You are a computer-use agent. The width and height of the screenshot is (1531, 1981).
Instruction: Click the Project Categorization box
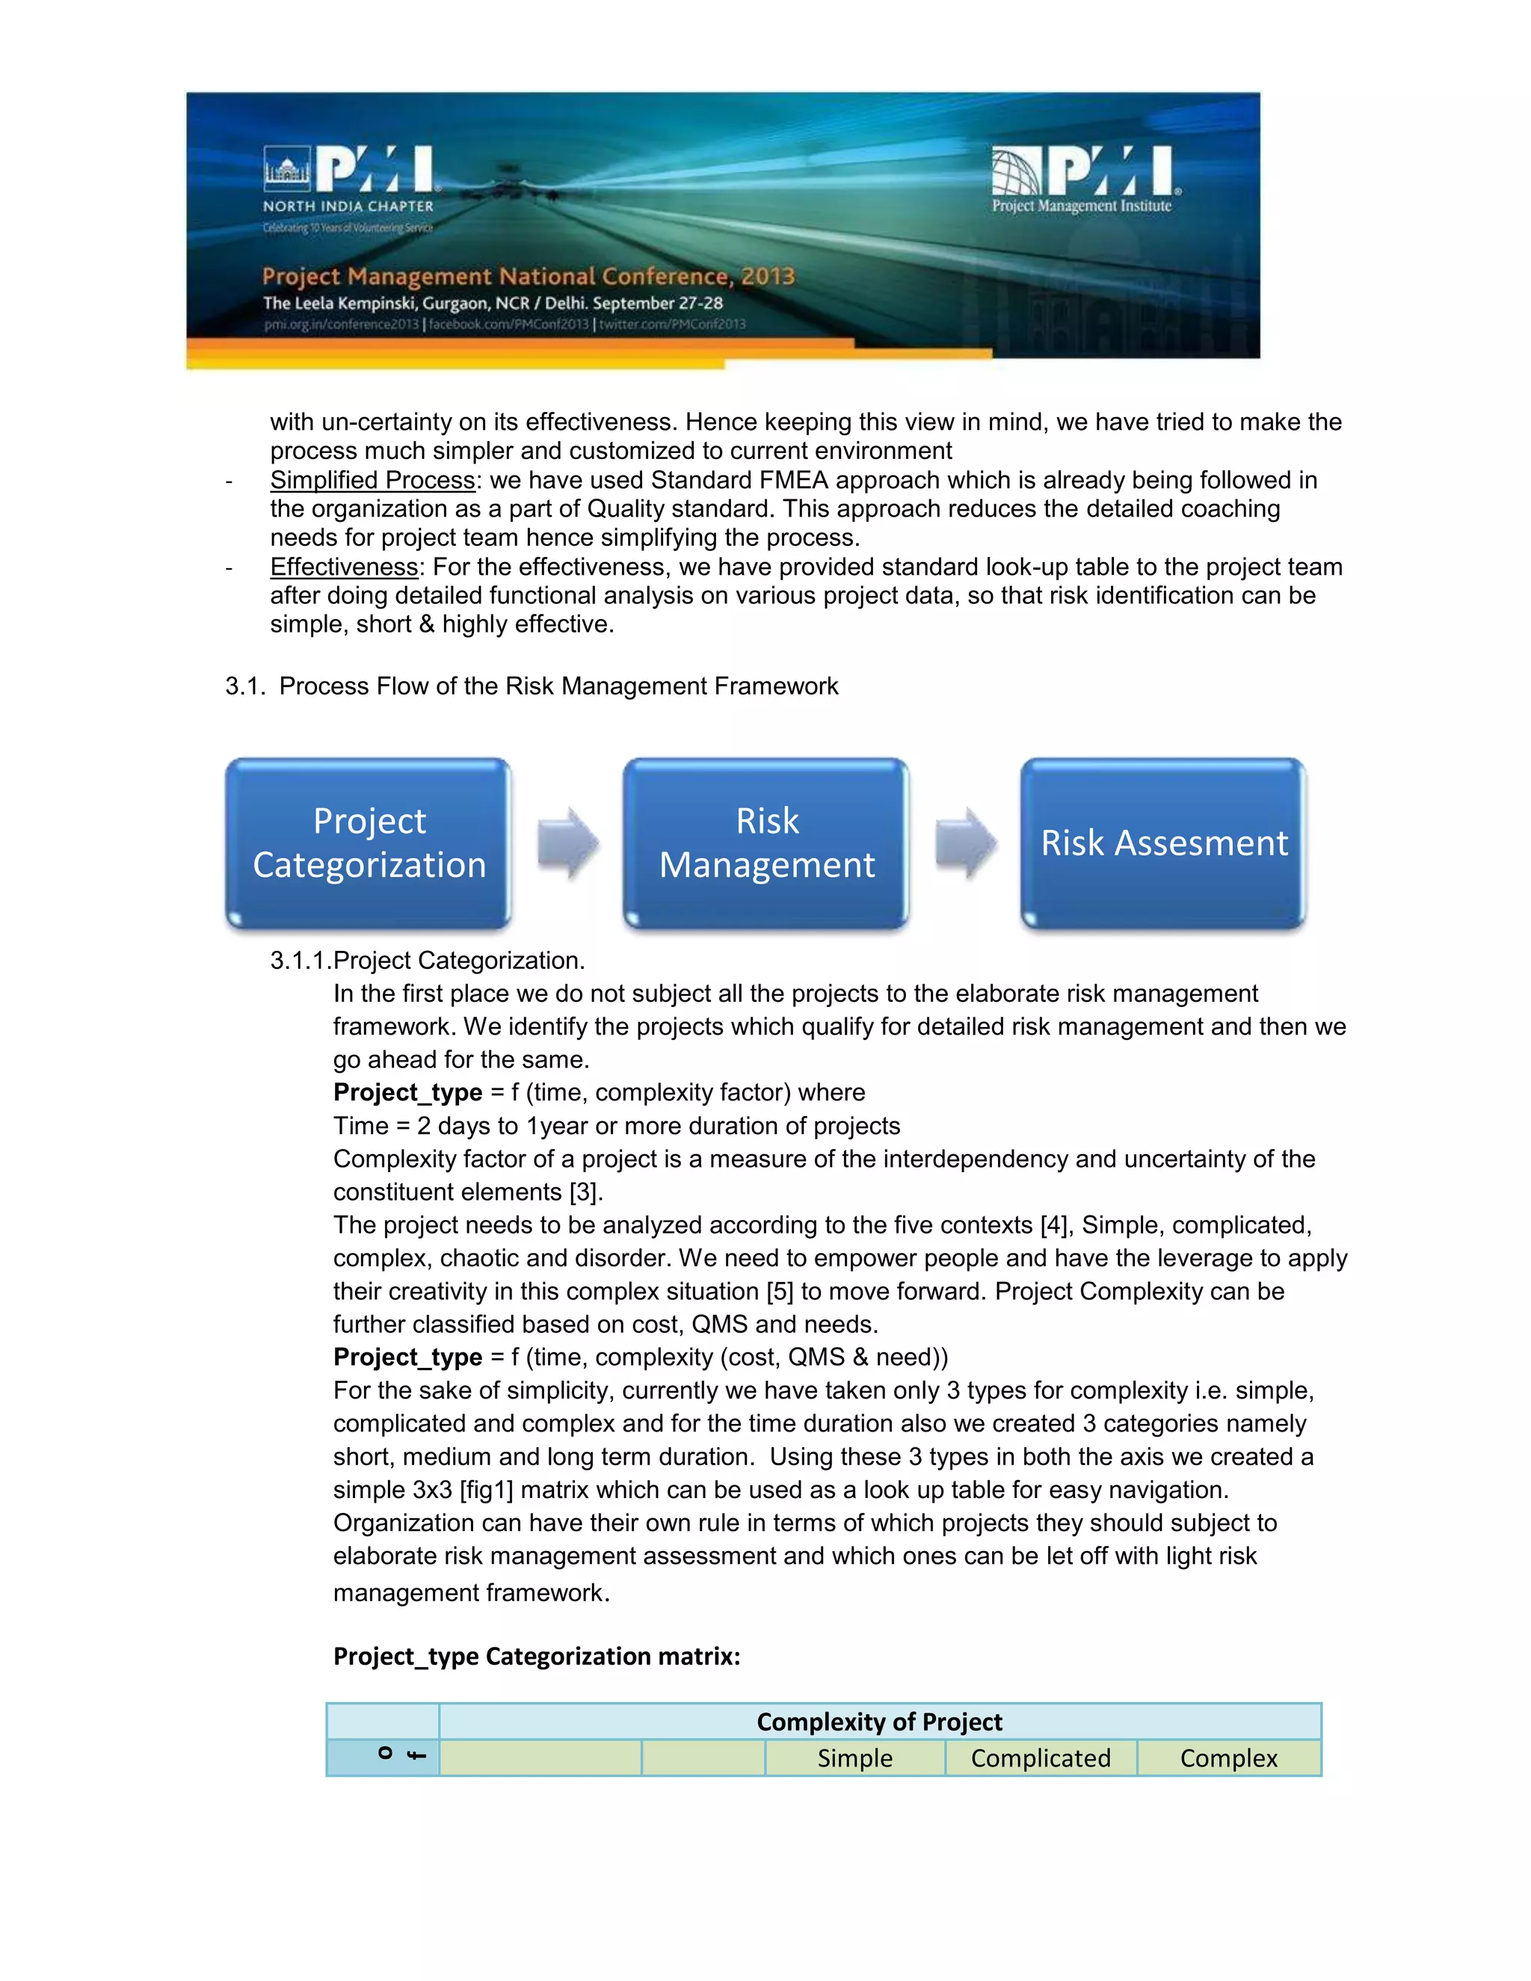click(x=369, y=843)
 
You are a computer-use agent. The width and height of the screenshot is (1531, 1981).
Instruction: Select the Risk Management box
click(x=766, y=843)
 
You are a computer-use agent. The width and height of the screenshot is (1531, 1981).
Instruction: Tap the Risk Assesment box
click(x=1164, y=843)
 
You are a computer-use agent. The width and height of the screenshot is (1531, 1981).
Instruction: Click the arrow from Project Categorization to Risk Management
click(x=568, y=842)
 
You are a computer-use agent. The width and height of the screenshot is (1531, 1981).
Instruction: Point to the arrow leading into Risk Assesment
click(x=966, y=842)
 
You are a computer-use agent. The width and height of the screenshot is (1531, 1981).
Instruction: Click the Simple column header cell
click(x=854, y=1758)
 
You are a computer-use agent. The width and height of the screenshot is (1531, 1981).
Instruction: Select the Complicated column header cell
click(x=1041, y=1758)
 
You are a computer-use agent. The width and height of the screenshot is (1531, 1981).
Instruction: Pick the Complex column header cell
click(x=1228, y=1758)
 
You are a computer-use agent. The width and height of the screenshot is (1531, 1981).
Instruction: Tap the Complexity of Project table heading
click(x=879, y=1722)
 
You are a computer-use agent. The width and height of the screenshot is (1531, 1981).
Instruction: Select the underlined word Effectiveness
click(x=344, y=567)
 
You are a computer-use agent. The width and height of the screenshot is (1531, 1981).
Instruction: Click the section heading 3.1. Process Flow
click(x=532, y=686)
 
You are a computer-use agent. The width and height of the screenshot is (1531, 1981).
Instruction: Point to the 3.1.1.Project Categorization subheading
click(x=427, y=961)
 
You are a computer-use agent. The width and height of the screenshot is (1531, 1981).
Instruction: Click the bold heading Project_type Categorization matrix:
click(x=536, y=1657)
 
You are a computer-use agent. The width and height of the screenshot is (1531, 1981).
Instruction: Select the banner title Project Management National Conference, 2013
click(x=528, y=276)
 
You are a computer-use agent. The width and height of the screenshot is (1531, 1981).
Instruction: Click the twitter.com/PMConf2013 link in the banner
click(x=672, y=324)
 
